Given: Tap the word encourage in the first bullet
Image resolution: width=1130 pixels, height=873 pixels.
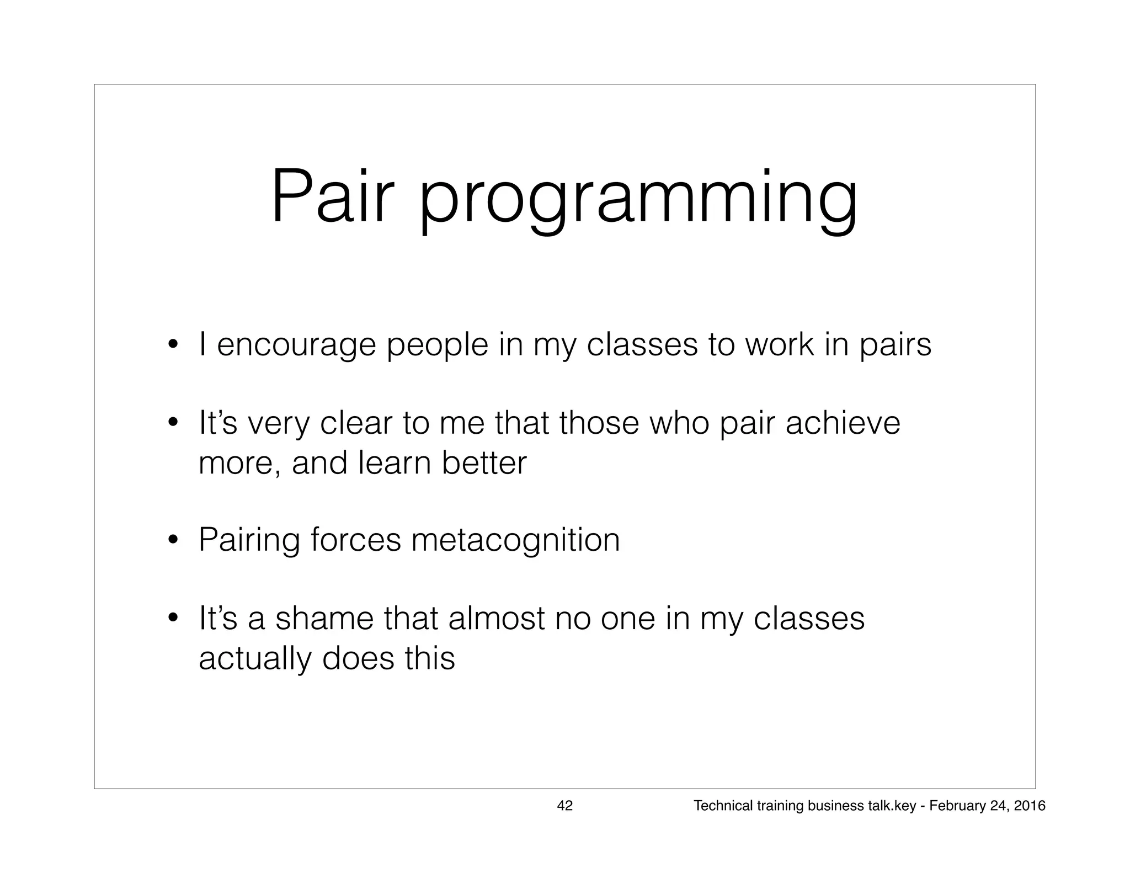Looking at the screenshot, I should [x=296, y=345].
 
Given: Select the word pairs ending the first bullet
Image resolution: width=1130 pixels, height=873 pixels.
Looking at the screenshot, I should [x=895, y=345].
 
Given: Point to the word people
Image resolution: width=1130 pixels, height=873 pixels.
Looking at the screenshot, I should [x=437, y=345].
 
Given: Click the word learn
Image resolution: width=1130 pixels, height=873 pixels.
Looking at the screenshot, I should [x=394, y=463].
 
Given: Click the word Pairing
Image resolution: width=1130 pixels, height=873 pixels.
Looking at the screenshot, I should [x=249, y=541].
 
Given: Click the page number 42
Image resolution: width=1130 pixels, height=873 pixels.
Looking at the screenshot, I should [x=565, y=806].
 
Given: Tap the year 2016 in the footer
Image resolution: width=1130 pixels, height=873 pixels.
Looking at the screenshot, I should [x=1029, y=806].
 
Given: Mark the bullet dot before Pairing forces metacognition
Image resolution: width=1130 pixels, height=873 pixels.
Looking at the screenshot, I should [x=173, y=539].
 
